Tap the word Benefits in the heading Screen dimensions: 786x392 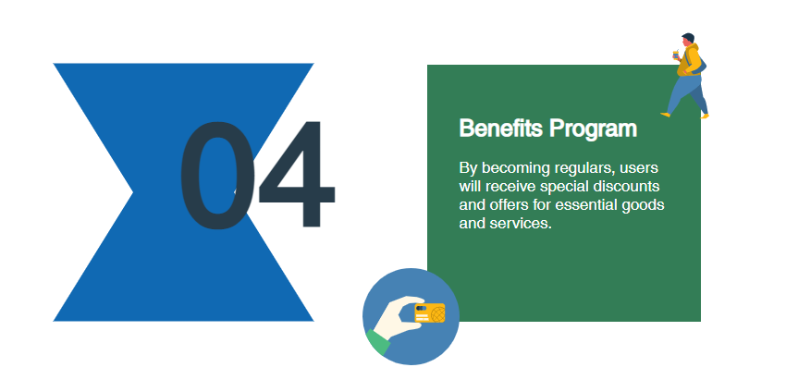(501, 129)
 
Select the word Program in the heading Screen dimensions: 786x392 (593, 129)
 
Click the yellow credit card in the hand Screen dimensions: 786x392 (430, 313)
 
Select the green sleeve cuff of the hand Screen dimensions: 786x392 (378, 342)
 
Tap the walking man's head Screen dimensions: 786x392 (687, 40)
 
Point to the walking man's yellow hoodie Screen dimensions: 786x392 (690, 60)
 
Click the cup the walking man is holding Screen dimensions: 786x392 (676, 55)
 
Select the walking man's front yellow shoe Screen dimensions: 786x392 (665, 115)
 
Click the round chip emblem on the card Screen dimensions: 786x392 (437, 314)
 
